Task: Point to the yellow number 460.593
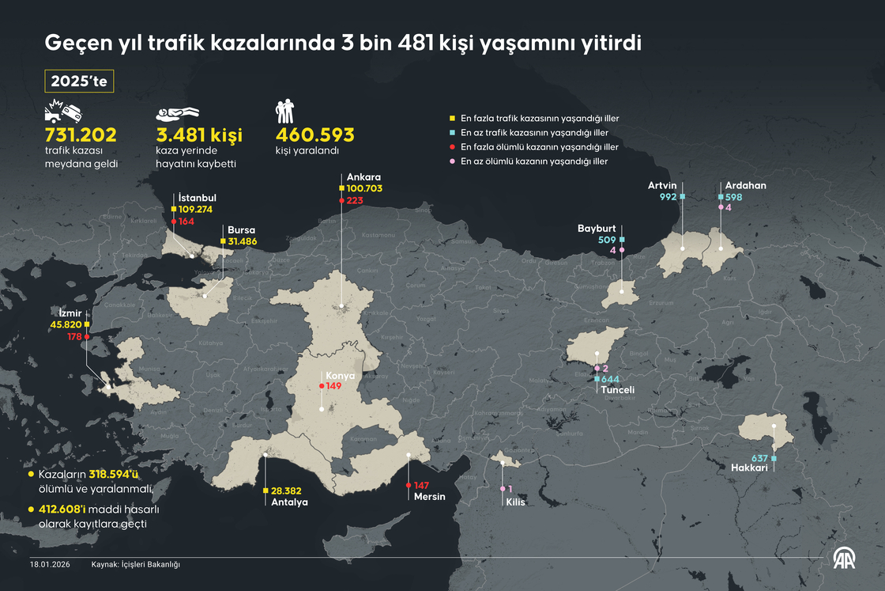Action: tap(314, 134)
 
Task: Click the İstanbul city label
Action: tap(198, 198)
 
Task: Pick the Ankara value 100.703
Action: tap(364, 188)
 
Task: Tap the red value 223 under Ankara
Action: tap(355, 201)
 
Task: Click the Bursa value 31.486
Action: tap(243, 241)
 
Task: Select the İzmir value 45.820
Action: tap(66, 324)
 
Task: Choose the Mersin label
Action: tap(430, 497)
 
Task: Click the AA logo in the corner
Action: tap(848, 557)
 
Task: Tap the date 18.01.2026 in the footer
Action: tap(51, 564)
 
